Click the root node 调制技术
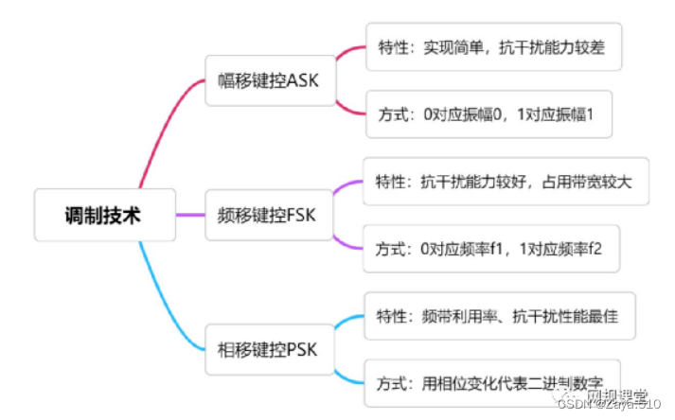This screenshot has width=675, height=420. [x=104, y=216]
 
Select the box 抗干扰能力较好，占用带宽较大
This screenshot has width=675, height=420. [x=506, y=182]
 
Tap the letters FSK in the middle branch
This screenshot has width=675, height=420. [x=304, y=215]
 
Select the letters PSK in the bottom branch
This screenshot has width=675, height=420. [x=305, y=350]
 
